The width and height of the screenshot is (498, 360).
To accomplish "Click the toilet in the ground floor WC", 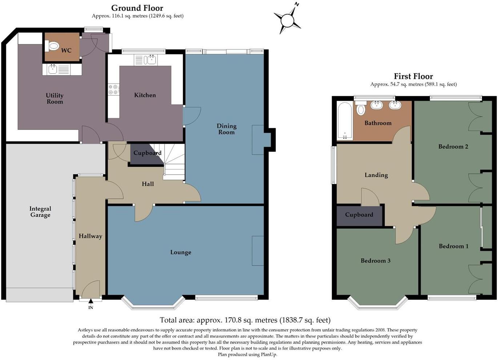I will click(x=53, y=46).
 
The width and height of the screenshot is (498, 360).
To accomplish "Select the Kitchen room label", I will click(x=145, y=95).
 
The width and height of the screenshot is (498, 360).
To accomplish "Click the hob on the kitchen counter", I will click(x=114, y=89).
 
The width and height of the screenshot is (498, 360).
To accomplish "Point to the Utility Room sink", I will click(x=52, y=69).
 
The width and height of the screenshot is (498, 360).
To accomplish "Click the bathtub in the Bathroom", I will click(x=344, y=120).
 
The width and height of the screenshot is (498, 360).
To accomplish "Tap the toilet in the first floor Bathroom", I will click(x=361, y=109).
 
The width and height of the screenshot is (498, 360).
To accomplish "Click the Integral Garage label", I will click(x=40, y=212).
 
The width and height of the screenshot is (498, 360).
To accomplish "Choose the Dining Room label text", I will click(x=227, y=129).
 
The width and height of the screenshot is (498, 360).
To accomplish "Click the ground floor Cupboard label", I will click(x=147, y=153).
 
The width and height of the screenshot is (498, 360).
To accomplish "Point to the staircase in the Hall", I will click(x=174, y=161).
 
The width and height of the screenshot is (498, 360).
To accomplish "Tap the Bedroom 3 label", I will click(x=375, y=261).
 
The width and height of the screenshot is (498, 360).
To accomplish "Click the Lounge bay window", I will click(x=153, y=304).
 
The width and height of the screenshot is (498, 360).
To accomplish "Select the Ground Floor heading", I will click(x=137, y=8).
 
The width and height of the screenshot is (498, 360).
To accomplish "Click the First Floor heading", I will click(x=413, y=76).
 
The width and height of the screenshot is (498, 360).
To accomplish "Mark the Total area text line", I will click(x=245, y=320).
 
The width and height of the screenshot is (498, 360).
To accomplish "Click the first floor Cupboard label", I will click(x=359, y=214).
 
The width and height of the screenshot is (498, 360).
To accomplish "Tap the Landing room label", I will click(x=376, y=175).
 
